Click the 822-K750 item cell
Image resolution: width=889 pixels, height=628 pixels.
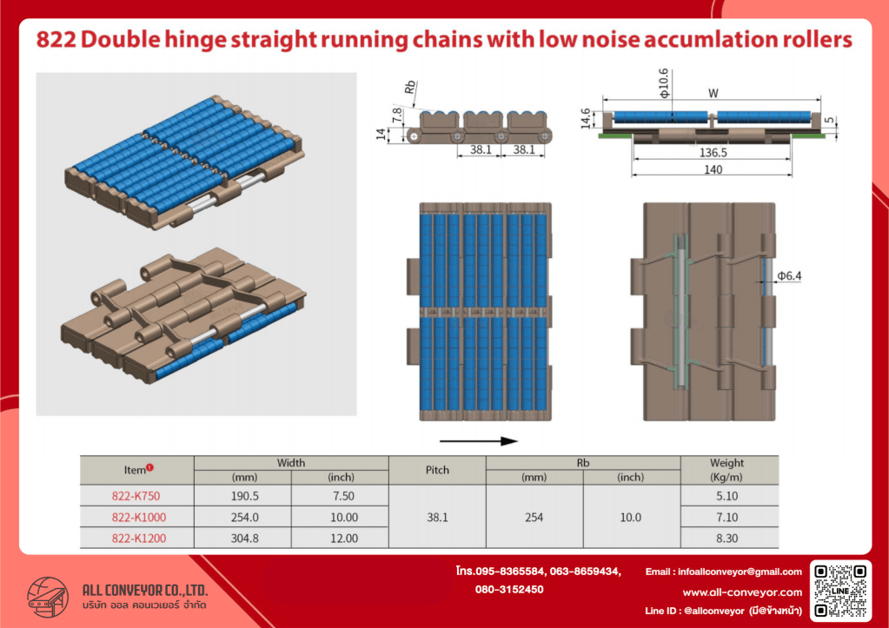136,496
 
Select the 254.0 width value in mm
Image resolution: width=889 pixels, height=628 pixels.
244,518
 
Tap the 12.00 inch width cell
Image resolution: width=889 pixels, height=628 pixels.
344,539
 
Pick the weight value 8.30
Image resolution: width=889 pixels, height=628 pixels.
726,539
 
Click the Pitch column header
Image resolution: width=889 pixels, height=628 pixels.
437,470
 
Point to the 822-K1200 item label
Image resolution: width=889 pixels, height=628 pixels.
139,539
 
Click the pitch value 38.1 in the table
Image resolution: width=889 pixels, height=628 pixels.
437,518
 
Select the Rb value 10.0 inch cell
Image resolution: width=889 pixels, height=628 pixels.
630,518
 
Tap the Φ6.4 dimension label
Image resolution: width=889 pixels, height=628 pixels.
789,276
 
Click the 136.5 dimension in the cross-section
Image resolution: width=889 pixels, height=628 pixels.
713,153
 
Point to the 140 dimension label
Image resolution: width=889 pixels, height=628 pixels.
713,169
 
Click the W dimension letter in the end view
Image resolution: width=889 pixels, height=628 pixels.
713,93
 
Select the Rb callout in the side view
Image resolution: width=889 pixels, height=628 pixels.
410,88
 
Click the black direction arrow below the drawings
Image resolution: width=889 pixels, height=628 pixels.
479,441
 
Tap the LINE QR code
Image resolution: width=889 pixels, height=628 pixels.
841,591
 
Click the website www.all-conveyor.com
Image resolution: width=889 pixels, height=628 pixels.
742,592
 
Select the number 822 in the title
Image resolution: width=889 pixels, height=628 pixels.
56,40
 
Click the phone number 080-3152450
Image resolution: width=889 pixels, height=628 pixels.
509,590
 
